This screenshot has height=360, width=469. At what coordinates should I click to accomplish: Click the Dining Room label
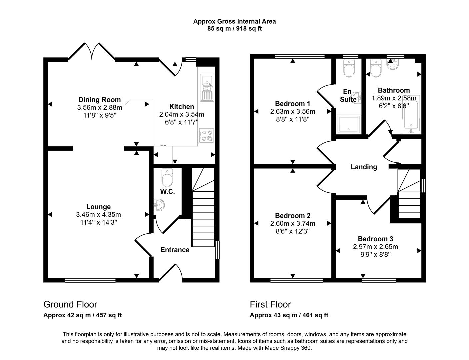click(x=99, y=100)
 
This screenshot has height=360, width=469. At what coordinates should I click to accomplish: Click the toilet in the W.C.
click(x=167, y=178)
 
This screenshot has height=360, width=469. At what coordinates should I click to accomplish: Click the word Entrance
click(x=175, y=250)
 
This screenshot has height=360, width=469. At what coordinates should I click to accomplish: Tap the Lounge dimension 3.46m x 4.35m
click(x=98, y=215)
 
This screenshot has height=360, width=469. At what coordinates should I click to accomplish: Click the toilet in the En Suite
click(x=349, y=69)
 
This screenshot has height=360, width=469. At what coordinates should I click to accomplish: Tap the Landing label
click(x=364, y=167)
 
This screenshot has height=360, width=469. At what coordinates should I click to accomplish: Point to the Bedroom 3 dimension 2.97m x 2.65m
click(x=375, y=247)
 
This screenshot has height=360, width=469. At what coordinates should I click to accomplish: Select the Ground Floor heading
click(x=70, y=304)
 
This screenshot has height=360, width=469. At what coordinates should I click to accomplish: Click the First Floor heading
click(x=270, y=304)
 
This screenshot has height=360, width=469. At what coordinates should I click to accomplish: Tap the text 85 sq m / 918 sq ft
click(x=234, y=29)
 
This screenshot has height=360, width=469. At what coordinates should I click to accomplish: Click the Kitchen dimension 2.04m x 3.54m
click(x=181, y=115)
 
